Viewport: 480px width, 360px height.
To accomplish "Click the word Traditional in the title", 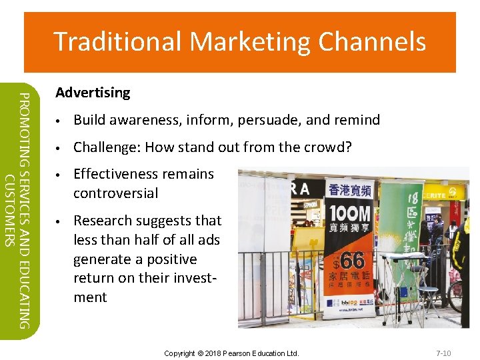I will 117,41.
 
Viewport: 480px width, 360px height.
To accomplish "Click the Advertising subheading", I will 93,93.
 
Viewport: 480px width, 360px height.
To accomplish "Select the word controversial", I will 115,193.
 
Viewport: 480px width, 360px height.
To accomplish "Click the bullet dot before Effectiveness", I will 59,175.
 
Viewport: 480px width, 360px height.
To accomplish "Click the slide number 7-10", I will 443,353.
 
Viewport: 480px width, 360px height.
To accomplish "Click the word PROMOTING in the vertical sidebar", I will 23,127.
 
